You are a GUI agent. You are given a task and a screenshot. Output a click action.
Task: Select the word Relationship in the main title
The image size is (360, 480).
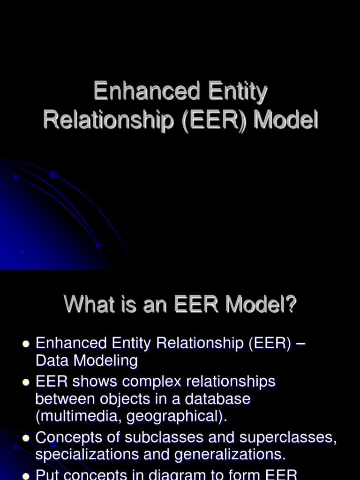(x=103, y=120)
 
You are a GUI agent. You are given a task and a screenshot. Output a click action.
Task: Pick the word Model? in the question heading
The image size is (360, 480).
(x=261, y=305)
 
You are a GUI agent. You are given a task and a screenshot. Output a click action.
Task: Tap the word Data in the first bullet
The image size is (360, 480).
(x=51, y=360)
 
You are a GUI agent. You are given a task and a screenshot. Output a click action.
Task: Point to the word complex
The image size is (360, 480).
(x=154, y=382)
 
